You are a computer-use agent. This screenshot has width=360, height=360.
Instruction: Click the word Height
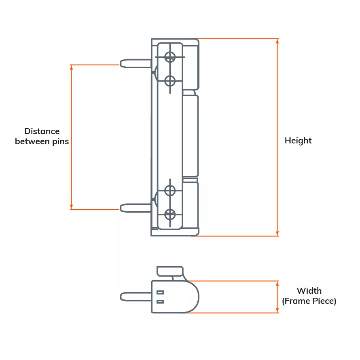click(298, 141)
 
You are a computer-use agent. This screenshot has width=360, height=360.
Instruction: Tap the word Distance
click(42, 131)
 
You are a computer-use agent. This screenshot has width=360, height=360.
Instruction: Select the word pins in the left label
click(60, 142)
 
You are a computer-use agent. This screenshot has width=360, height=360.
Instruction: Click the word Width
click(309, 291)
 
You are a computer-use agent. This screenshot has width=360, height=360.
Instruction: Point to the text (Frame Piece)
click(309, 301)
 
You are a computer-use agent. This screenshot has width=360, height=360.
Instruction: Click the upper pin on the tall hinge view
click(136, 63)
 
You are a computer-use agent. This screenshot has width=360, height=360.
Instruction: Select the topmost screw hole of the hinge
click(170, 57)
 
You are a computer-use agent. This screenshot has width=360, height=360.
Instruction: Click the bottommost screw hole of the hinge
click(170, 214)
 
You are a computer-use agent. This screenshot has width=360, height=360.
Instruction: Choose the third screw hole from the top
click(170, 190)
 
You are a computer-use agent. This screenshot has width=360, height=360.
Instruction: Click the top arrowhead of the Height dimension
click(277, 41)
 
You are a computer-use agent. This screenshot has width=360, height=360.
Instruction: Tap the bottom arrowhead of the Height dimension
click(277, 234)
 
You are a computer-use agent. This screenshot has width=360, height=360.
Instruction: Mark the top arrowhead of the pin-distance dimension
click(72, 67)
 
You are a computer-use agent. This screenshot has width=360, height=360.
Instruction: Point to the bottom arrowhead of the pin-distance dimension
click(72, 207)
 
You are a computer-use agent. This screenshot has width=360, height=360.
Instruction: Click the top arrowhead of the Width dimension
click(277, 283)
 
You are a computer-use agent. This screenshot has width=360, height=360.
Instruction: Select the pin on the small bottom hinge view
click(136, 297)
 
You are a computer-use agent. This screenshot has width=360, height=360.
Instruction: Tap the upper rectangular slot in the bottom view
click(160, 292)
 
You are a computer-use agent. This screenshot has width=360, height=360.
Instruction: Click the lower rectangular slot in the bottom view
click(160, 301)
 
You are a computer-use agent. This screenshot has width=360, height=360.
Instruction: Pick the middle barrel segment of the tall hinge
click(191, 135)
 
